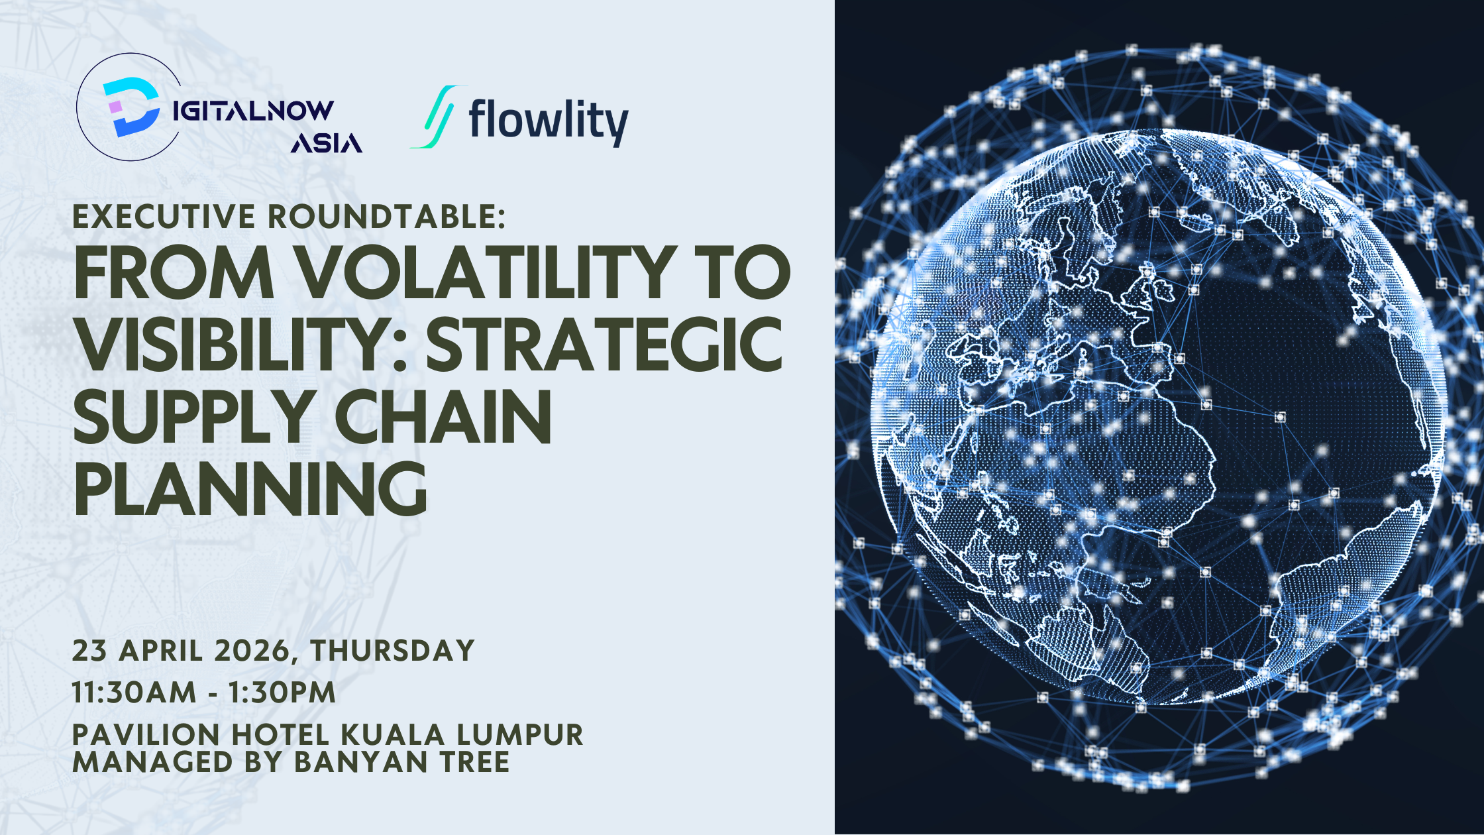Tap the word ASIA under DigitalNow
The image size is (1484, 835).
click(x=327, y=142)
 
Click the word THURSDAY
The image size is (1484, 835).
click(x=393, y=650)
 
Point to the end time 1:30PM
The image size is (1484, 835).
click(x=282, y=693)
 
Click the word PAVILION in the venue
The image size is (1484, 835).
click(x=146, y=734)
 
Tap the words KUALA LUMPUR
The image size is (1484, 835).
click(x=462, y=734)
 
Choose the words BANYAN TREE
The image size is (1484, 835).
click(x=402, y=762)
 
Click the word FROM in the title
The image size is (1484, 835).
click(x=173, y=272)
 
